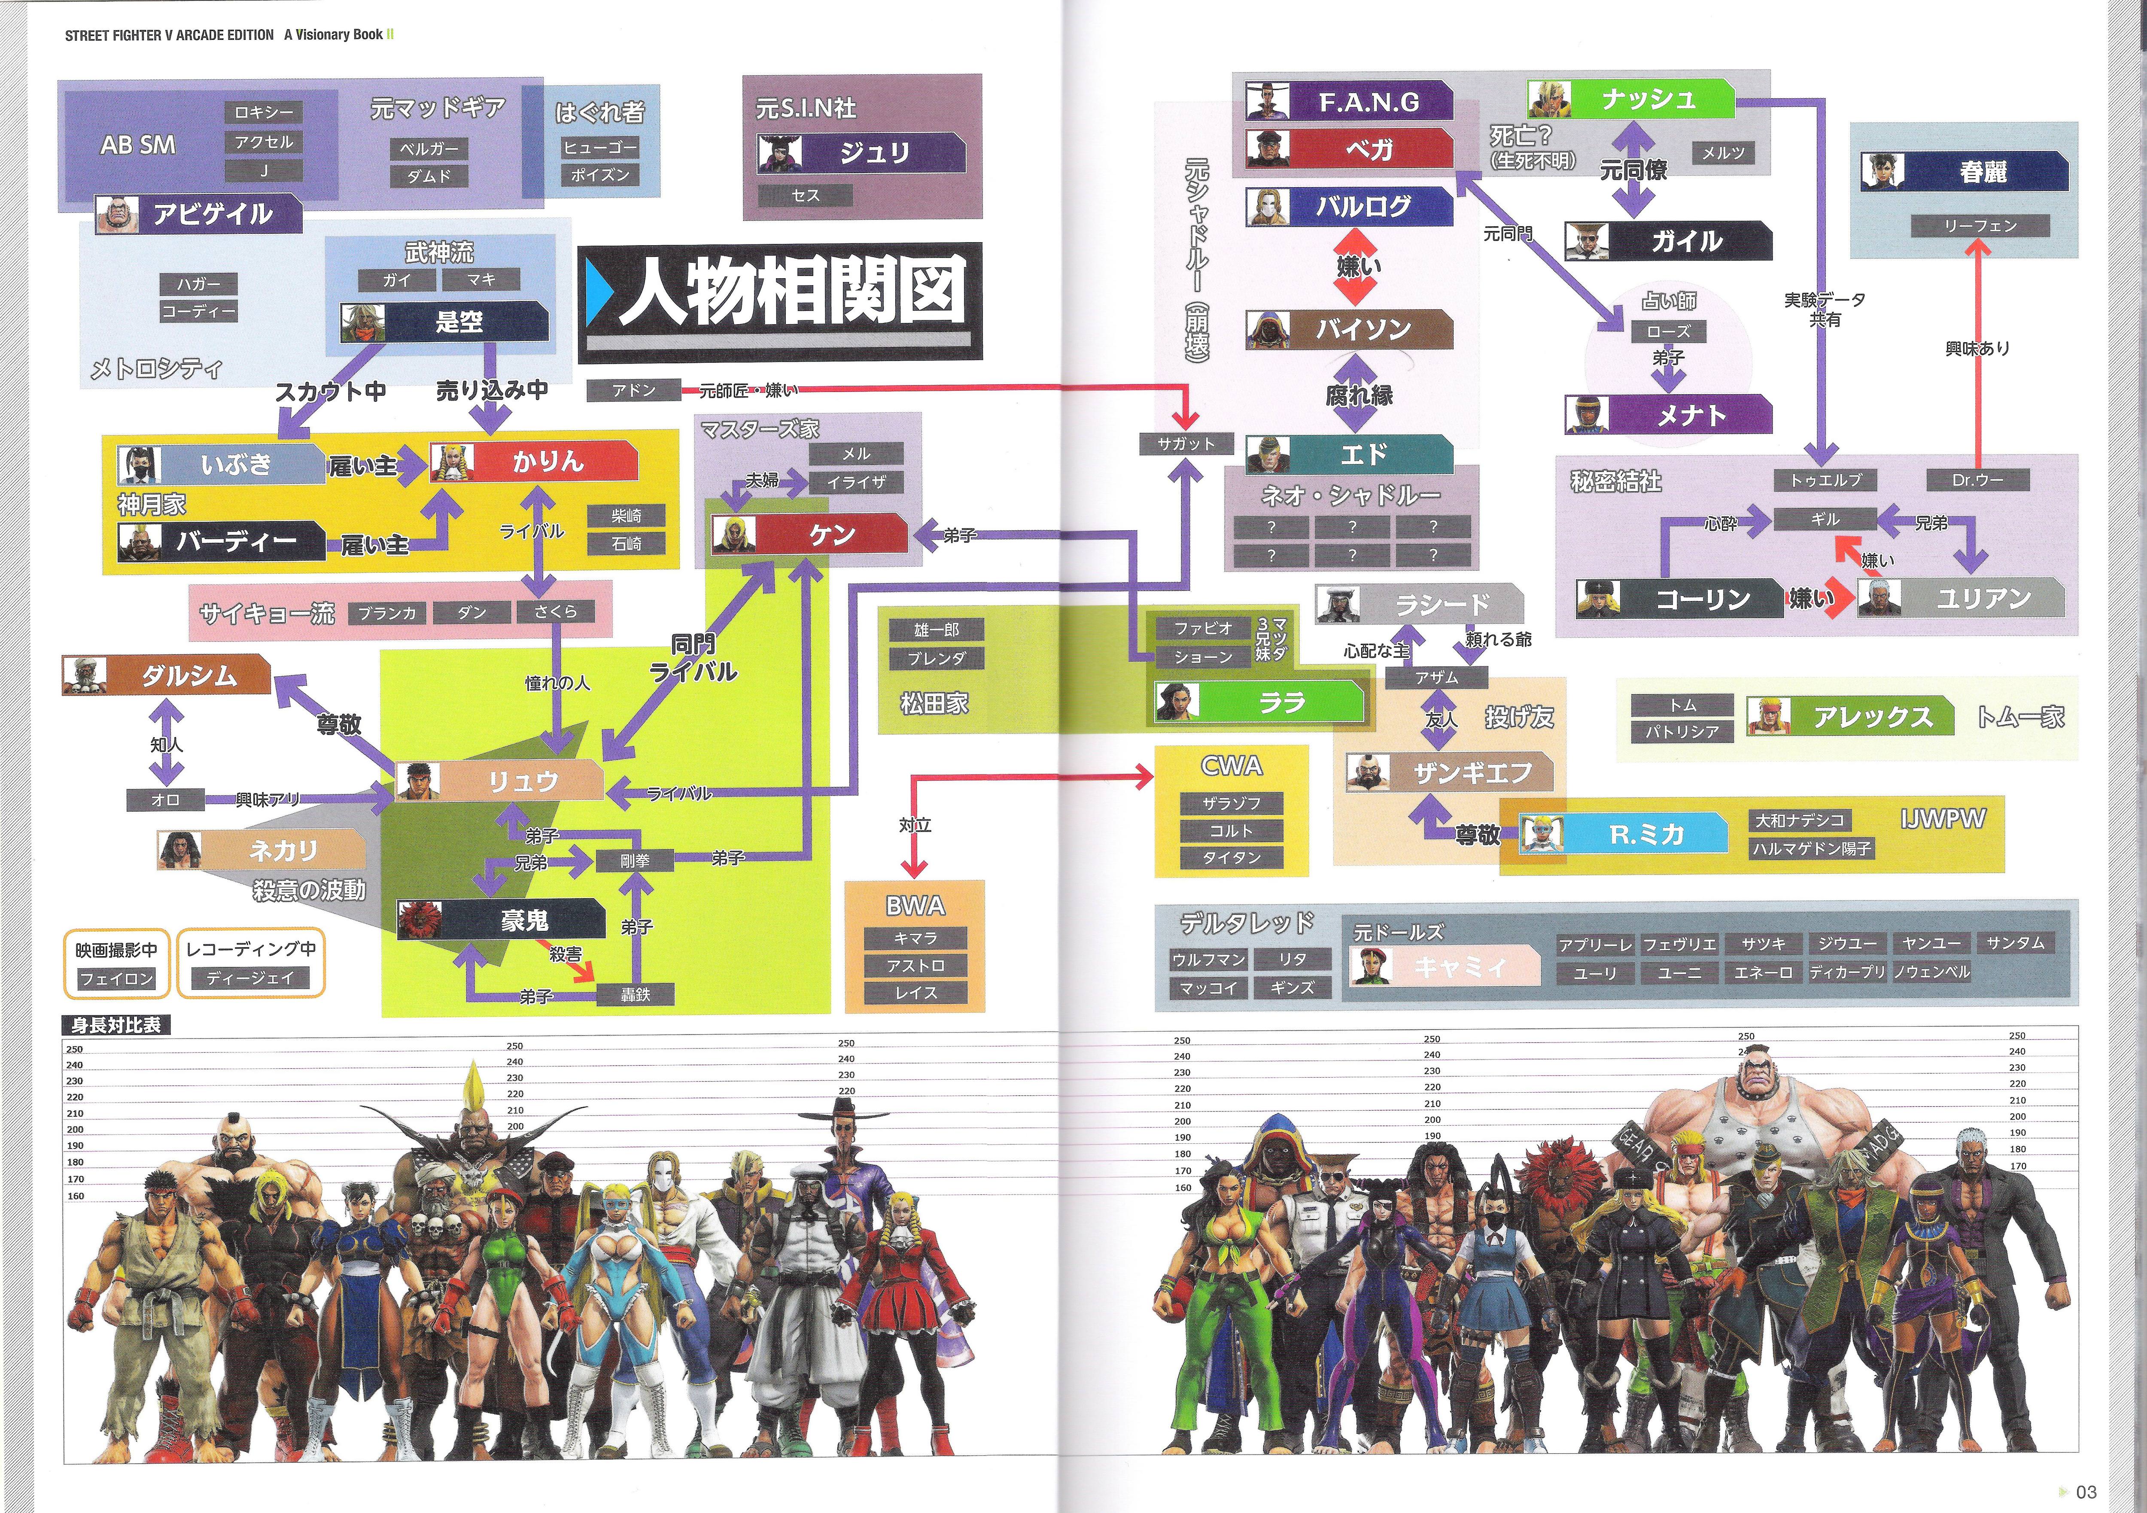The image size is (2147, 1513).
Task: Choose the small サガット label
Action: coord(1186,444)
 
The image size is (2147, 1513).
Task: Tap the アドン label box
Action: coord(633,390)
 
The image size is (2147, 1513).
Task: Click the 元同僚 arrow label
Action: coord(1633,170)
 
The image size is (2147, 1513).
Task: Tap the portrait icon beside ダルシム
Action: coord(85,675)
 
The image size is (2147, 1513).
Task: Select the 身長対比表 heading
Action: coord(116,1025)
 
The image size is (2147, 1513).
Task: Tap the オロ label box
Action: coord(165,799)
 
